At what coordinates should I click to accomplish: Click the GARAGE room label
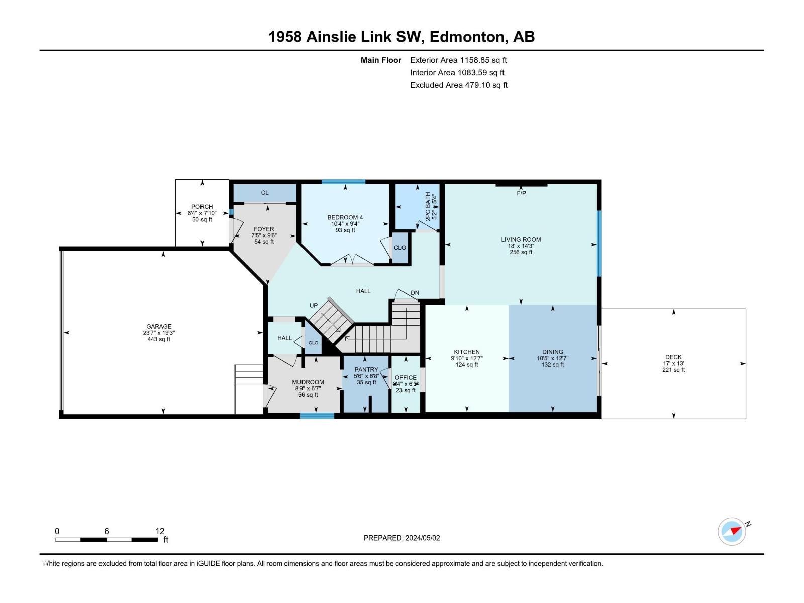[x=159, y=326]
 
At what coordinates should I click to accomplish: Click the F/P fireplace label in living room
[x=521, y=193]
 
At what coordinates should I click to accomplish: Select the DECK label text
[x=673, y=357]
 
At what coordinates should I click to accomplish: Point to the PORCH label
[x=202, y=207]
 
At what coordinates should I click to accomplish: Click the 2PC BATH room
[x=417, y=207]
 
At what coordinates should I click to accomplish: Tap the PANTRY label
[x=366, y=370]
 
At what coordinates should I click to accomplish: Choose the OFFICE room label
[x=406, y=378]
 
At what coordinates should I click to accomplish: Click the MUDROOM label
[x=308, y=382]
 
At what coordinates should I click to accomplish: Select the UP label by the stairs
[x=314, y=306]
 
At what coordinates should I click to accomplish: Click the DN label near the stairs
[x=415, y=293]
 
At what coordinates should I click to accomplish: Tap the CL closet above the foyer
[x=265, y=193]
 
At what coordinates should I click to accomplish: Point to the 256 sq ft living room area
[x=521, y=252]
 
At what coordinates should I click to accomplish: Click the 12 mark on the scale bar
[x=160, y=531]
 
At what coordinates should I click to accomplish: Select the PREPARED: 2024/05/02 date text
[x=401, y=538]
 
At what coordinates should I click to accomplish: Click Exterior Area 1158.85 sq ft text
[x=458, y=60]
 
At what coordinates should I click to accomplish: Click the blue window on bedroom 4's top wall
[x=343, y=182]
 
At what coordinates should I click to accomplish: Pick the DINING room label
[x=553, y=352]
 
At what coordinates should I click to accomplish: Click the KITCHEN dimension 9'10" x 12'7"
[x=467, y=359]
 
